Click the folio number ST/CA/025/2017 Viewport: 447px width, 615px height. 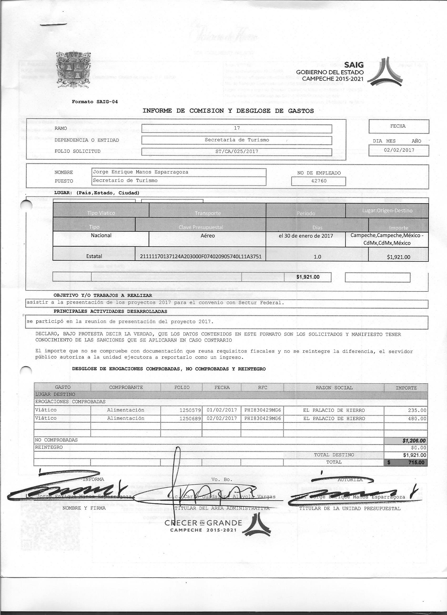coord(237,151)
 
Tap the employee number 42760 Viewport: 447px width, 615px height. coord(319,181)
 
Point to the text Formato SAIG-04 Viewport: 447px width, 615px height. coord(95,102)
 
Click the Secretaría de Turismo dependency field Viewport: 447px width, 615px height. coord(237,140)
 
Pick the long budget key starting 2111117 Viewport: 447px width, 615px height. coord(201,256)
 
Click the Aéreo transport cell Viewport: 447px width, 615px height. coord(208,236)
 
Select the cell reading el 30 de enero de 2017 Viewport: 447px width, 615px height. coord(306,236)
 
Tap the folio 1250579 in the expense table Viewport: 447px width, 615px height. coord(190,410)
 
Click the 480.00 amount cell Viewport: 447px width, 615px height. coord(417,419)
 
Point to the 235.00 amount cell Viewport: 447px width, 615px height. coord(417,410)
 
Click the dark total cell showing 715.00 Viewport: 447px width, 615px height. coord(406,462)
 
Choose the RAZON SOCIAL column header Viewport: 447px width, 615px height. coord(334,387)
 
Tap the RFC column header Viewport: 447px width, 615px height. coord(262,387)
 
